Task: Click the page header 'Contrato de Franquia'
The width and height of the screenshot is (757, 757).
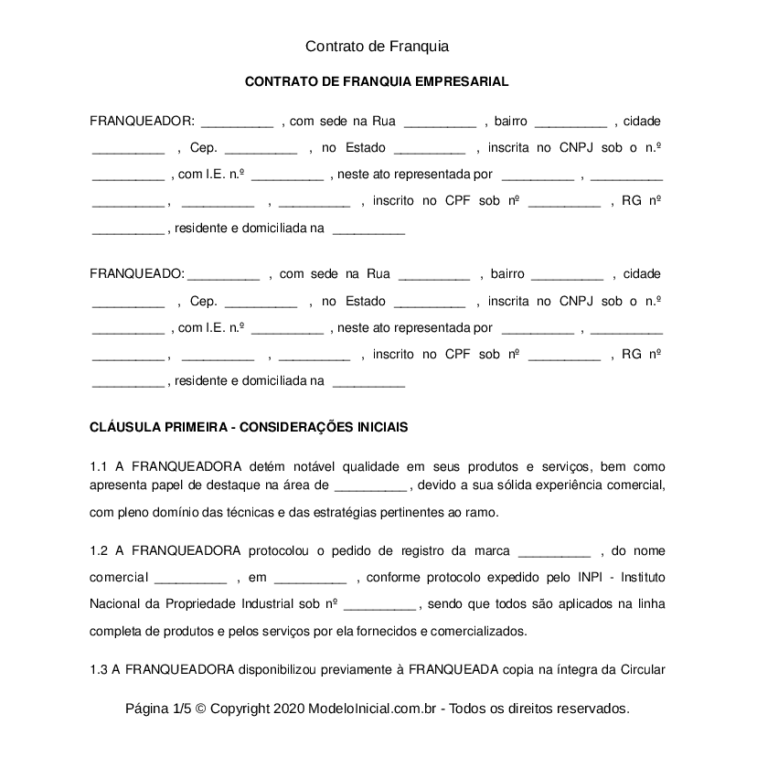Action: [x=378, y=45]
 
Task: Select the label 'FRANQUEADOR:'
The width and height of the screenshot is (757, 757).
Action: [x=142, y=121]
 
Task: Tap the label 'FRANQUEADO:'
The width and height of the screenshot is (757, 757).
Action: [x=137, y=273]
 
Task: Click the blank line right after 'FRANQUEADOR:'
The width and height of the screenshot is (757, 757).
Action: [x=237, y=123]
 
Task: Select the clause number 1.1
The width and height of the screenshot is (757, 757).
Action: [x=100, y=466]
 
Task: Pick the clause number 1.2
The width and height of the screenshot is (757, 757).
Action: [x=100, y=550]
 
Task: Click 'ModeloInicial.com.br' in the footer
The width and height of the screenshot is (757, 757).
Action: [x=378, y=709]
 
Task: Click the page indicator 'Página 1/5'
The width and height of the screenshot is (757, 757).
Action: [x=158, y=709]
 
